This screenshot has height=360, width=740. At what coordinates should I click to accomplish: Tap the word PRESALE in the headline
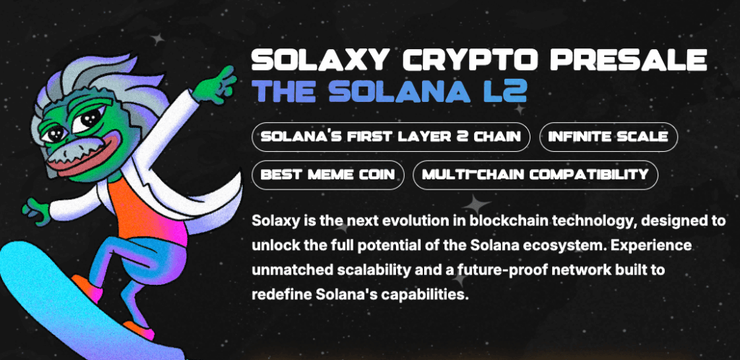(629, 61)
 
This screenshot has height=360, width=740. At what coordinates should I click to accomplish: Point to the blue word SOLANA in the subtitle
(400, 91)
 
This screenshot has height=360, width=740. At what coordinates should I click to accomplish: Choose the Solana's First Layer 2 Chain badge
(391, 137)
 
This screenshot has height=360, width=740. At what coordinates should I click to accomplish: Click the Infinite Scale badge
(608, 137)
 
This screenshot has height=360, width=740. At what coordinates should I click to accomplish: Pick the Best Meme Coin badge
(328, 175)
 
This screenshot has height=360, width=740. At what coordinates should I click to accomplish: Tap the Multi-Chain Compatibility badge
(535, 175)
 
